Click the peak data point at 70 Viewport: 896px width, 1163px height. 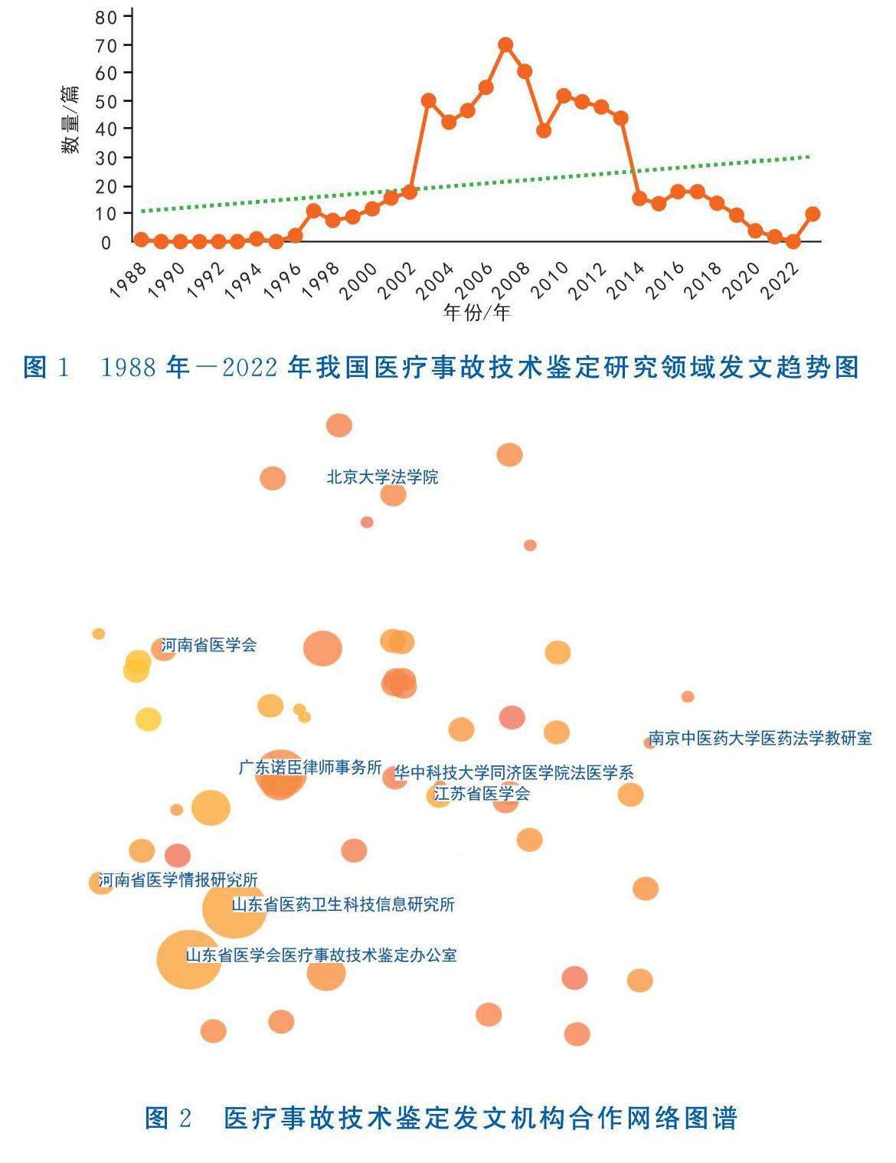(x=505, y=44)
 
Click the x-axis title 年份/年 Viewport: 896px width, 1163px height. (x=476, y=313)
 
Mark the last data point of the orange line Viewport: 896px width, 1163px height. (x=813, y=214)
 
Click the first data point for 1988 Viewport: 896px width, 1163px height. (x=141, y=240)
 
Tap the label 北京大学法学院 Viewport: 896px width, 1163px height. (x=382, y=477)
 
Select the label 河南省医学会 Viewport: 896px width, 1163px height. (x=208, y=645)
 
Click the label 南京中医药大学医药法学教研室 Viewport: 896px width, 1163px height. (x=760, y=739)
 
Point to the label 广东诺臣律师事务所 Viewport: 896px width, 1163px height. (x=310, y=767)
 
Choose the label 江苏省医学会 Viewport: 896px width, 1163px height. (x=482, y=794)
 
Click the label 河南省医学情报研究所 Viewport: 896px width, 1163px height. (x=178, y=880)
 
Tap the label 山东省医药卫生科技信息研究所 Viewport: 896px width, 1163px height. (x=343, y=905)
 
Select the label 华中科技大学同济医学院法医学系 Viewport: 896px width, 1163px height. (x=514, y=773)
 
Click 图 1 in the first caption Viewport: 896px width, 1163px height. (x=47, y=367)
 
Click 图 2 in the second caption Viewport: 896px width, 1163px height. (x=168, y=1119)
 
